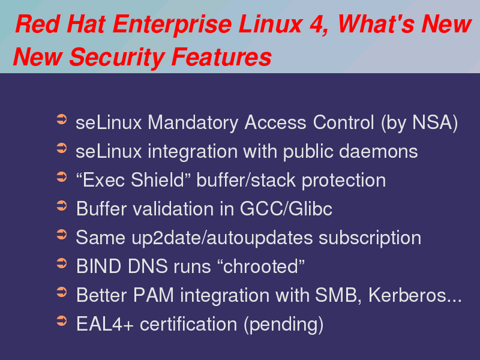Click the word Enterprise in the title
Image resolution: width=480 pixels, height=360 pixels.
172,25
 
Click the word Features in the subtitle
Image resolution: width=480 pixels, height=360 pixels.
221,57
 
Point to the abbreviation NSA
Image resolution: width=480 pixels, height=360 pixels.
432,122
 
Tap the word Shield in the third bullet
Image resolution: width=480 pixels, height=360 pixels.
157,179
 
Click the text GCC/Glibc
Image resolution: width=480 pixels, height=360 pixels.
286,208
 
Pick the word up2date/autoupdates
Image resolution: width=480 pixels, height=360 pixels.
222,238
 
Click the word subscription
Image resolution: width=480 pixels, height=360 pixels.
370,238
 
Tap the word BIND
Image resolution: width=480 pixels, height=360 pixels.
98,266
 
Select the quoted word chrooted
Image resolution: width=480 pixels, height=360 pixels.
260,266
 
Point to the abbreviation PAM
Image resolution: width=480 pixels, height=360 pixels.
154,295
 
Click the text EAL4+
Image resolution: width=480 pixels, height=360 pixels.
105,324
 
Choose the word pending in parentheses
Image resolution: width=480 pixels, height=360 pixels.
283,325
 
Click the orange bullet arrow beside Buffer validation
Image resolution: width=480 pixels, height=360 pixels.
62,205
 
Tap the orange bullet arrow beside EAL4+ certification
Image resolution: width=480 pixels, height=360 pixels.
62,321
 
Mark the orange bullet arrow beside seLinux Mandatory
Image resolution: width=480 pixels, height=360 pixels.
62,119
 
